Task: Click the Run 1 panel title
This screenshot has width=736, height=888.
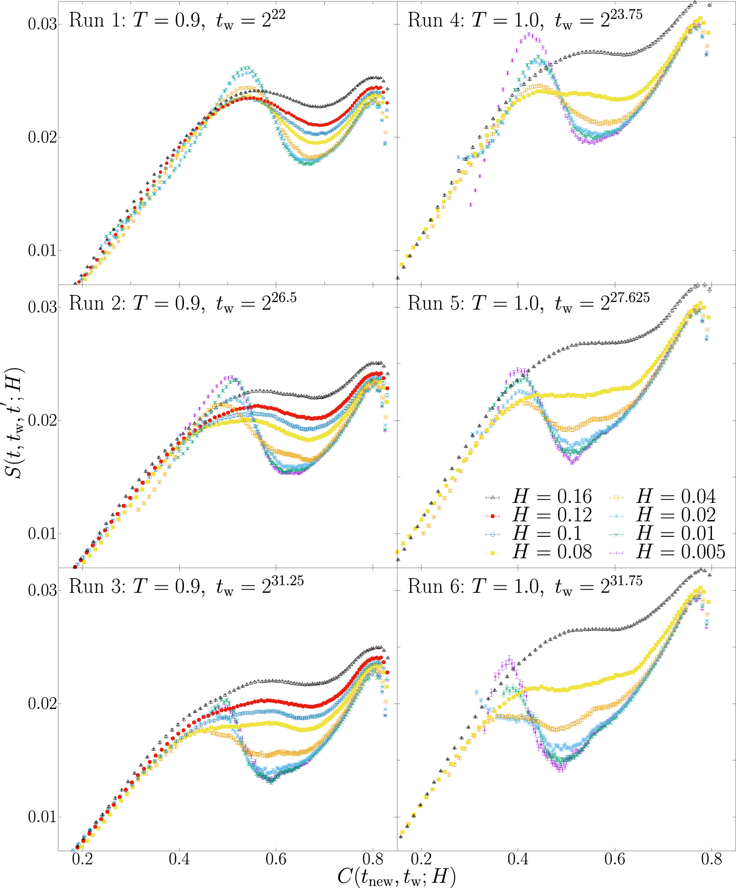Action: click(x=177, y=21)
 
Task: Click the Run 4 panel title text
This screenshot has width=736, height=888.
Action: click(x=525, y=21)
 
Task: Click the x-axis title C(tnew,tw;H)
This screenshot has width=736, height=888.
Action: click(x=396, y=876)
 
